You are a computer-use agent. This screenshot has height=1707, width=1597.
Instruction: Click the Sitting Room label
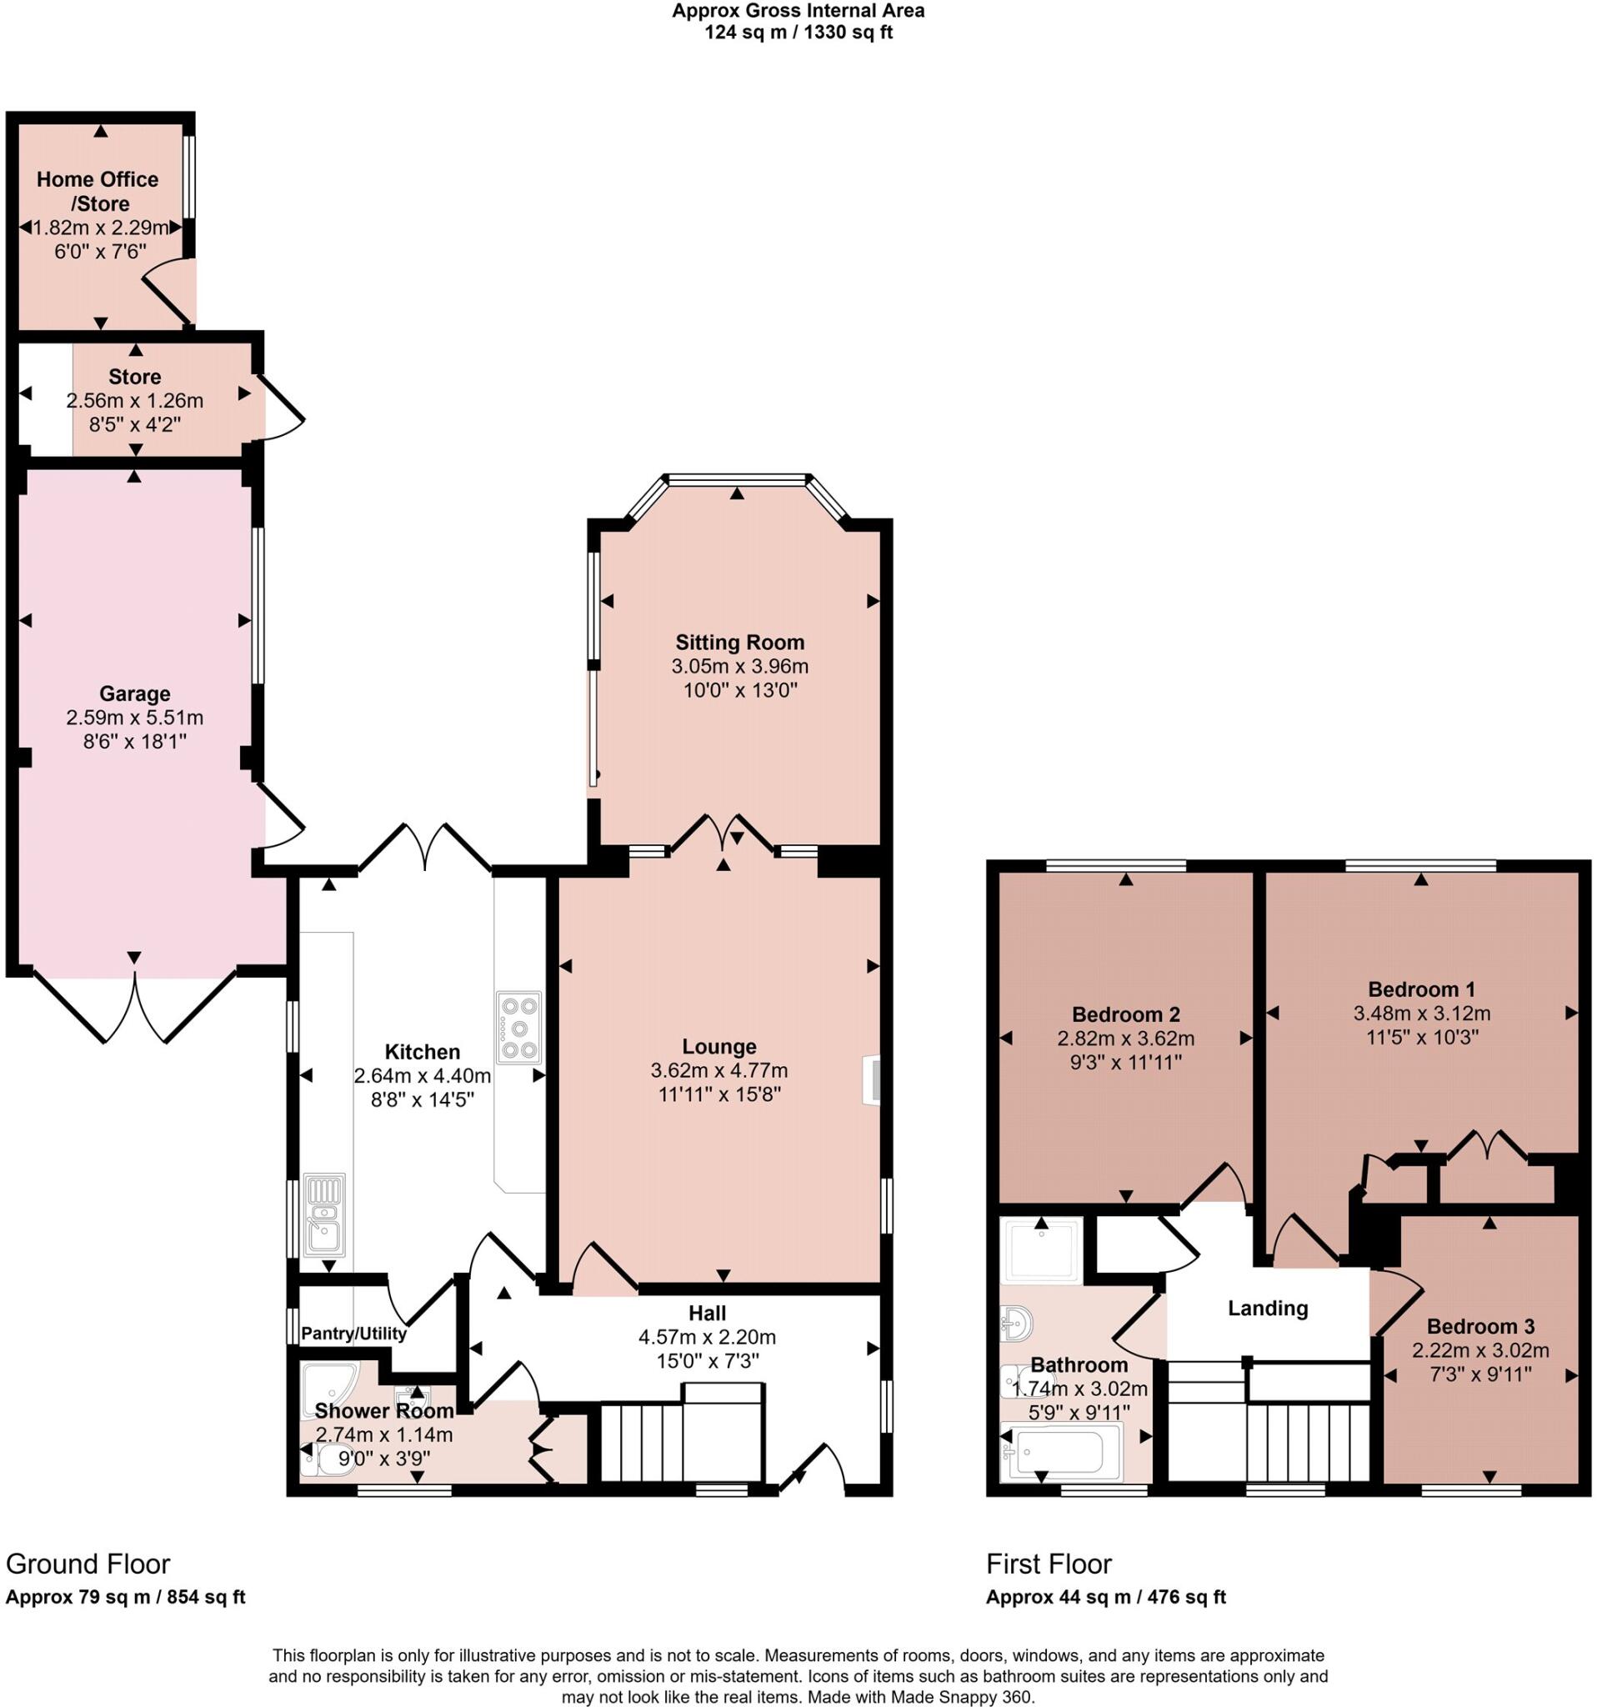point(739,643)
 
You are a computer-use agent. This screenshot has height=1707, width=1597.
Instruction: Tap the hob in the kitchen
point(518,1028)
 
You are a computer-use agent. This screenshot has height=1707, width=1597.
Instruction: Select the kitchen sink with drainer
point(324,1215)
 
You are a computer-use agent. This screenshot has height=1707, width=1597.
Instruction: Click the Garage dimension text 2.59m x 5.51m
point(135,717)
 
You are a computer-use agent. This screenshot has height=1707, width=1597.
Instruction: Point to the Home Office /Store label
point(98,191)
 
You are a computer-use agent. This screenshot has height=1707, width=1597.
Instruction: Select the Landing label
point(1267,1309)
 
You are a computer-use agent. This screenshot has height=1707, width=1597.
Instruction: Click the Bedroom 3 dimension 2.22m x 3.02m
point(1480,1350)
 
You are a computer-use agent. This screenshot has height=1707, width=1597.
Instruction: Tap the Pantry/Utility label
point(353,1334)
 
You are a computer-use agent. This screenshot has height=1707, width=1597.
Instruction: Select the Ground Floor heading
point(88,1564)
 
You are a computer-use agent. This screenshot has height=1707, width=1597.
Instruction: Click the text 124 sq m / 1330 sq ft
point(798,33)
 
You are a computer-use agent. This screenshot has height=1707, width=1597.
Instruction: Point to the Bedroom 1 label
point(1421,989)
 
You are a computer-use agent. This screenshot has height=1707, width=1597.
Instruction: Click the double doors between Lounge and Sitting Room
point(722,833)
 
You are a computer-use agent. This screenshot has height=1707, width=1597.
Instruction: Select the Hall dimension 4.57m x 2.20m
point(707,1337)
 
